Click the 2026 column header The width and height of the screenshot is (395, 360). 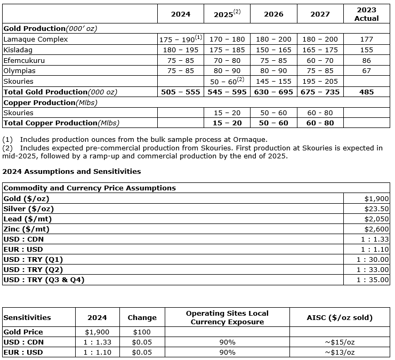273,14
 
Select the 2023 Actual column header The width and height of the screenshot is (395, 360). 366,14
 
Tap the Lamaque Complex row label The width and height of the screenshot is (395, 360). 36,39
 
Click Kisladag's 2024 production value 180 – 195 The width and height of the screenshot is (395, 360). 181,50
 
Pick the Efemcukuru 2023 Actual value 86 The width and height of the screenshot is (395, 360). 366,60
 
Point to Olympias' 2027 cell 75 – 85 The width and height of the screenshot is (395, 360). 320,70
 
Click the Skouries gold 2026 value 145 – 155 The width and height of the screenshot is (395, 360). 273,81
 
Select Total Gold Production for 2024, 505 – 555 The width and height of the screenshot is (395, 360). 181,92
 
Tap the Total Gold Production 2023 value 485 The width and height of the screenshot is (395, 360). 366,92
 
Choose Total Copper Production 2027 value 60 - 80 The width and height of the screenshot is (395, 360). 320,123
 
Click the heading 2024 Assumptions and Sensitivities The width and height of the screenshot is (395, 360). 71,172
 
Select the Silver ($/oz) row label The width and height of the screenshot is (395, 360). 29,209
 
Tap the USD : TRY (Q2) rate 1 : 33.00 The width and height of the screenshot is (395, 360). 373,269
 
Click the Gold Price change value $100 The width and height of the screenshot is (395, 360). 142,332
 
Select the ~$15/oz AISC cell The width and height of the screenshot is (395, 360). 340,342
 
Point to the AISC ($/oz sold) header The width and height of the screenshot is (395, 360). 340,317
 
